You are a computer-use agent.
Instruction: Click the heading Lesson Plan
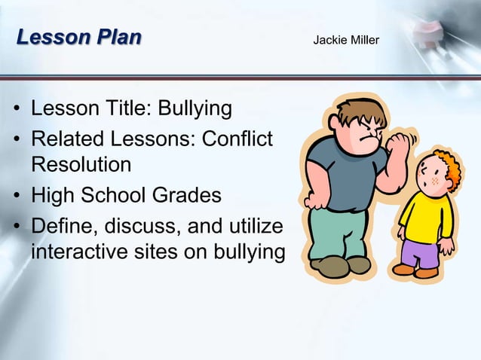(78, 37)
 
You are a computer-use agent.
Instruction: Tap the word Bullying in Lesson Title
(195, 109)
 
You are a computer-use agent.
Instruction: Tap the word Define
(66, 227)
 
